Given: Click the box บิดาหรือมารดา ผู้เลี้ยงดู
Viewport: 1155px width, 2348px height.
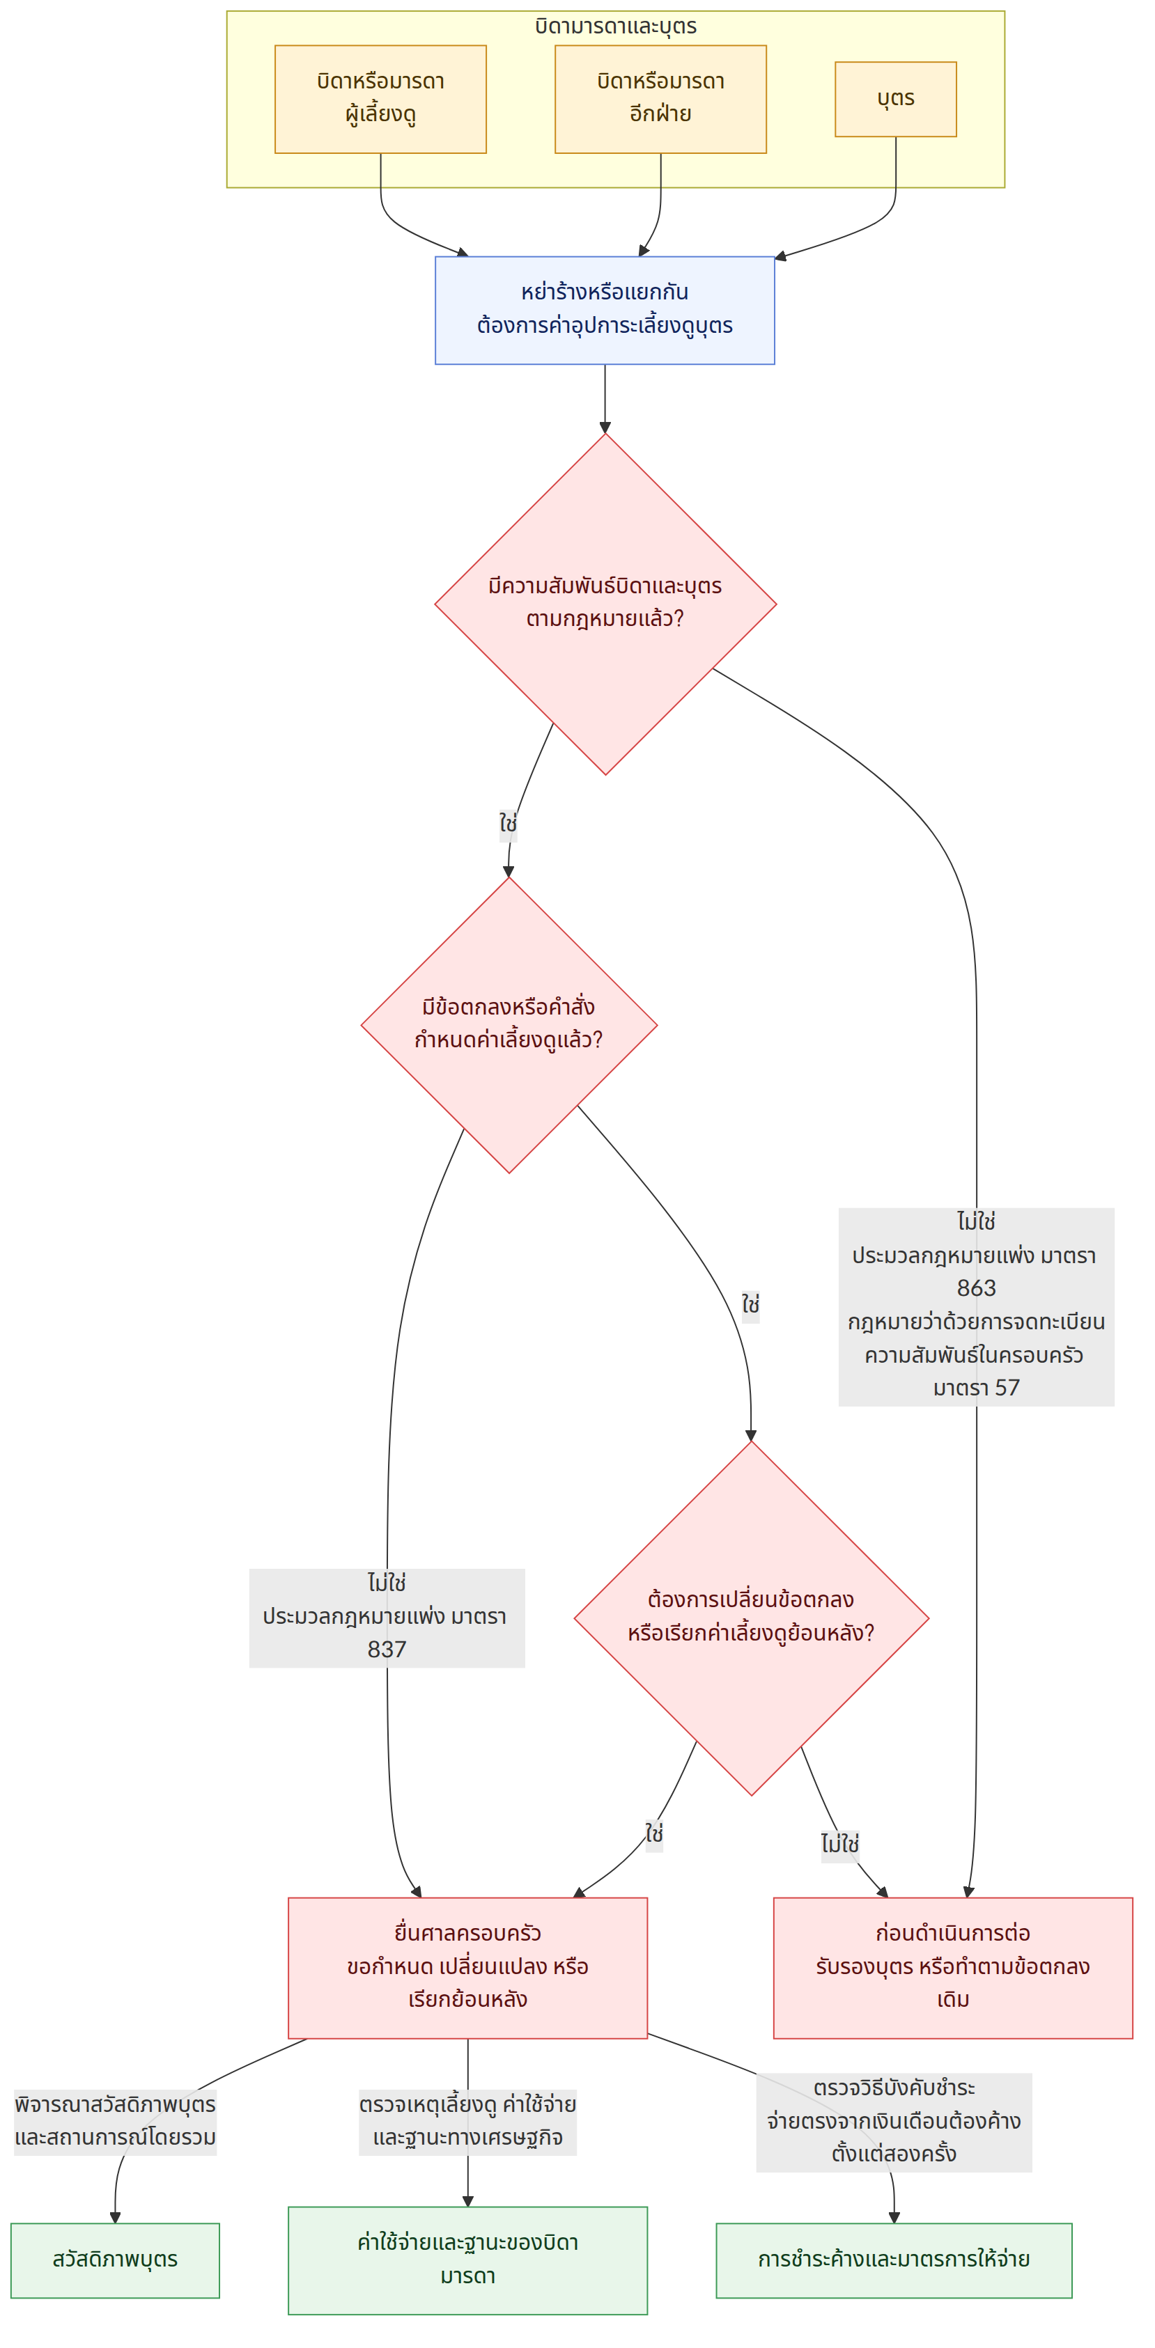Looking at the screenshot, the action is (380, 100).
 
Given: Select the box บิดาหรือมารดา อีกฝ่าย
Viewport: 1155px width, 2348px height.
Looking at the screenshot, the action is (660, 100).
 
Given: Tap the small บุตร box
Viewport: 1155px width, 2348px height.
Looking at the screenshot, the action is (895, 100).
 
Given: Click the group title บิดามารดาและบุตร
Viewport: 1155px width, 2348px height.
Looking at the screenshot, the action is (615, 26).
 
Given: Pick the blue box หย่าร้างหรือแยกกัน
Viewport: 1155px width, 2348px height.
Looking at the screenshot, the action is (605, 311).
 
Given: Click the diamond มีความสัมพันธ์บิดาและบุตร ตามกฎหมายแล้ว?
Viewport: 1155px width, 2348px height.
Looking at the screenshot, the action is (605, 604).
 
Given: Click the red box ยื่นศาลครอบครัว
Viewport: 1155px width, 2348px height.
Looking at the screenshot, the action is (467, 1968).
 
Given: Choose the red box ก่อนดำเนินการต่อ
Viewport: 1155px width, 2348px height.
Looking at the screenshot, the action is (952, 1968).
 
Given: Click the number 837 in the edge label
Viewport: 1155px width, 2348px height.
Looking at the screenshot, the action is (387, 1649).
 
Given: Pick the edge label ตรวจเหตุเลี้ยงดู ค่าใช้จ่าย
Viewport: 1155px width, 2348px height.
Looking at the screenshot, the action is (467, 2104).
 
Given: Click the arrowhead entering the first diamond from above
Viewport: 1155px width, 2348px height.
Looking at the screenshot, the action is (605, 428).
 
